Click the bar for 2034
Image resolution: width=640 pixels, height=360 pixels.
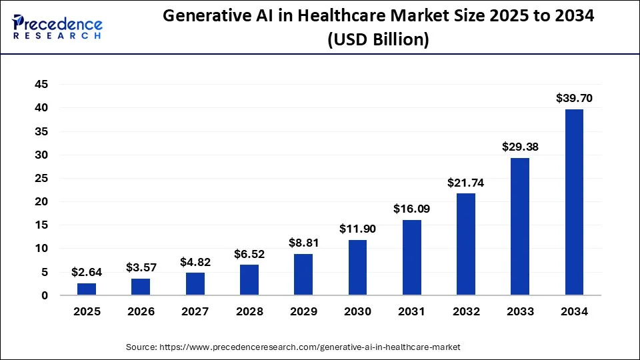pos(574,201)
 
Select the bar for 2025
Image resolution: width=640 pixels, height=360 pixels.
pos(87,289)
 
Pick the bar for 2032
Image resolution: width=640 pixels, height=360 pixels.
pos(466,244)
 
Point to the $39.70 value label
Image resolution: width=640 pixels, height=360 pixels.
pos(574,99)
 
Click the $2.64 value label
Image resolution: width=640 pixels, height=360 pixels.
pos(87,272)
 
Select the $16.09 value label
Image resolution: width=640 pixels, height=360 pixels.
pos(411,209)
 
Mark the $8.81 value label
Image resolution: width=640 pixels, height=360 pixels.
pos(303,243)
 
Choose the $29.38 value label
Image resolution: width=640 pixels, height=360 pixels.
pos(520,147)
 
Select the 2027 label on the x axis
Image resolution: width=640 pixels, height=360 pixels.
pos(195,311)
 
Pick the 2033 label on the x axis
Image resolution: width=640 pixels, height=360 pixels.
pos(520,311)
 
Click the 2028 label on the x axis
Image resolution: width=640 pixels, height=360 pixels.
pos(249,311)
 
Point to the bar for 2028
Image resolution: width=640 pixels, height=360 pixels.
pos(249,280)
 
